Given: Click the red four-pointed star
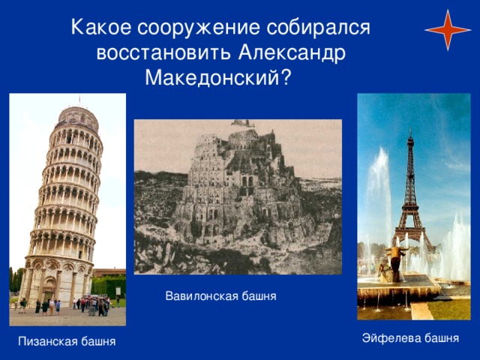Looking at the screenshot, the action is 448,30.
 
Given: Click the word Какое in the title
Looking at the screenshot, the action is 101,27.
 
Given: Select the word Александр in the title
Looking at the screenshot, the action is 292,52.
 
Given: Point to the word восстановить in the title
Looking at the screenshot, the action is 163,53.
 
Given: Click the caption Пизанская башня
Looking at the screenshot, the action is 67,341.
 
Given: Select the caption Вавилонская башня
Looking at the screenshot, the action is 220,296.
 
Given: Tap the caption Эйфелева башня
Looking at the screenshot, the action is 410,338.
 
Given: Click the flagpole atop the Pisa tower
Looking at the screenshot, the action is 79,100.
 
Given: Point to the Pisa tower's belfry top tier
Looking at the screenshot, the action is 77,118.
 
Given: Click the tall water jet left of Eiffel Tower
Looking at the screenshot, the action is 379,196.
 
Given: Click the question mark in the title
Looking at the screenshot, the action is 285,78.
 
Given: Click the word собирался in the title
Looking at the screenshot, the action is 318,28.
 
